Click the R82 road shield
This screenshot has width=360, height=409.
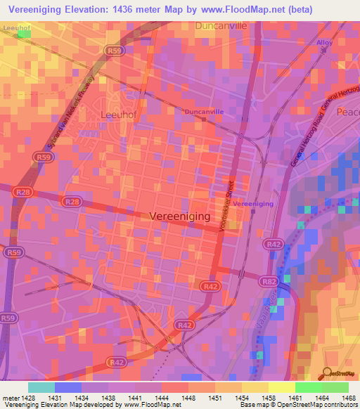click(x=269, y=280)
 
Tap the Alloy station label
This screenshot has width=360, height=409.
click(x=324, y=43)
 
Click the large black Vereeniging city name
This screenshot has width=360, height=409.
click(x=180, y=217)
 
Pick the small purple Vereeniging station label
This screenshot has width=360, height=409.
click(x=252, y=204)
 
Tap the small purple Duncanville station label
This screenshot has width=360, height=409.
click(x=202, y=111)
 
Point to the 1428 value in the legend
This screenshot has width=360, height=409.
click(x=27, y=398)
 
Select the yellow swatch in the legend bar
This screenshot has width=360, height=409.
click(x=281, y=387)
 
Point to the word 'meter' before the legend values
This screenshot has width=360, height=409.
click(x=10, y=398)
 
